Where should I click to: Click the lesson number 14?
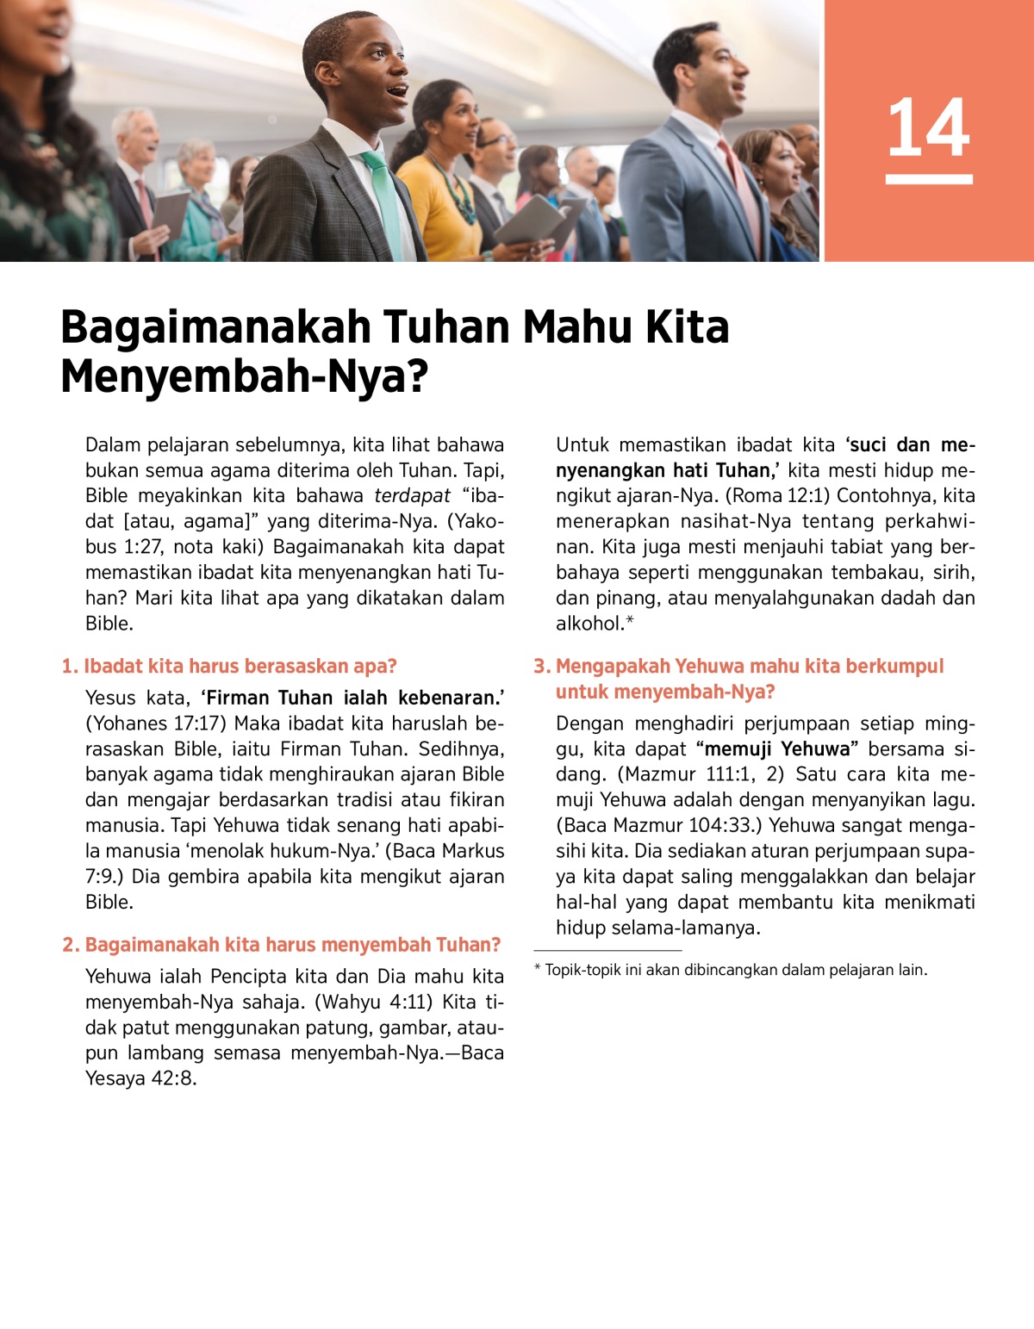(x=928, y=127)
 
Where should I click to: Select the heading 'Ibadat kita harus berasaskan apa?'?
(x=229, y=666)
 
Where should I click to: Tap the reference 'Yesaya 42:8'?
(x=140, y=1078)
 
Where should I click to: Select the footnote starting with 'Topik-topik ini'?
(x=735, y=970)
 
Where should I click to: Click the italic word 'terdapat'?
(x=411, y=496)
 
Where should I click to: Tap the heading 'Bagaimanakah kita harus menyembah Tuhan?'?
(x=281, y=945)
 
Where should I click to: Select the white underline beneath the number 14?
(x=928, y=179)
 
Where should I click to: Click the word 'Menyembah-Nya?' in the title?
(x=244, y=376)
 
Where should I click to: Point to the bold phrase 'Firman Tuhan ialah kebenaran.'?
(x=353, y=698)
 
